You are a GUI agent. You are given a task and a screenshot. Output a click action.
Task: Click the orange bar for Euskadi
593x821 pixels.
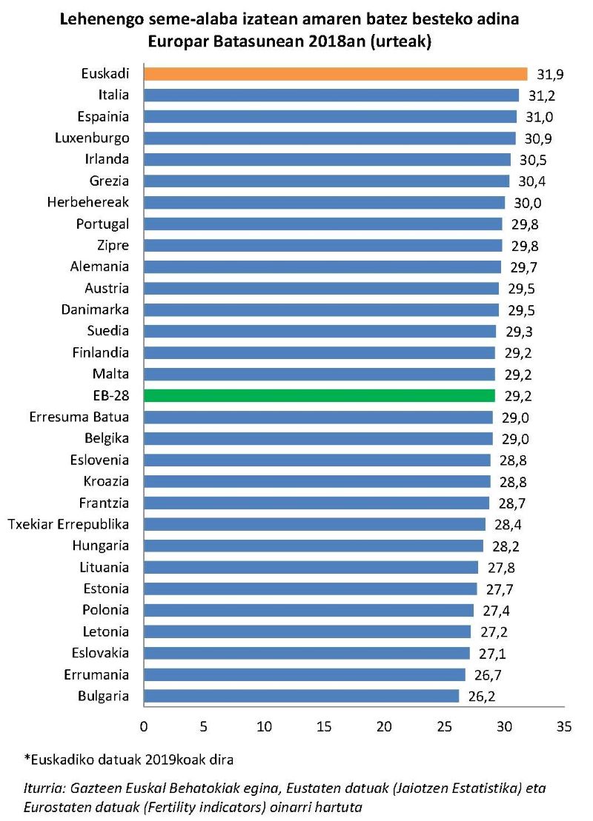coord(335,73)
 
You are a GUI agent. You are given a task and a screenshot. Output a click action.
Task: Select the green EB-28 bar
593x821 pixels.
coord(319,395)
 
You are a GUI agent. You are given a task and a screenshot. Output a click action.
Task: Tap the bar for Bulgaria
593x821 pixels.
coord(301,696)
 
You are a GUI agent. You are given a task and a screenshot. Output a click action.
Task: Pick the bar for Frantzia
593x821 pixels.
coord(317,503)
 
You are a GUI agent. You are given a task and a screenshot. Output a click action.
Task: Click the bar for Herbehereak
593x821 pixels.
coord(324,202)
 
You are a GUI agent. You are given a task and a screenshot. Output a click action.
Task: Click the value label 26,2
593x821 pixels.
coord(480,697)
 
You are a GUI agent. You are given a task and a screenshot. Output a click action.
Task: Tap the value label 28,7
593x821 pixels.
coord(511,503)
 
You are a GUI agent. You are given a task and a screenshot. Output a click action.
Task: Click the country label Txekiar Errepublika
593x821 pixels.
coord(68,524)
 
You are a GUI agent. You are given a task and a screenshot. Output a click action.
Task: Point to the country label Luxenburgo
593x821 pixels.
coord(92,138)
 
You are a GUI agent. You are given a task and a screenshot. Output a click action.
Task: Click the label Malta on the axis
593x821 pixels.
coord(110,374)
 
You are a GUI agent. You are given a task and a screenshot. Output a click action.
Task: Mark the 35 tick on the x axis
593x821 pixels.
coord(564,726)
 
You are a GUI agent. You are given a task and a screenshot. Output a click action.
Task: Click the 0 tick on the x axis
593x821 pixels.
coord(144,726)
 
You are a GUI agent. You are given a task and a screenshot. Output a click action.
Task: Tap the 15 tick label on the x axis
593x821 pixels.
coord(324,726)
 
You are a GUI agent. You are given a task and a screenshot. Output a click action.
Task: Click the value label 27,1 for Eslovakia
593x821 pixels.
coord(491,654)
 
